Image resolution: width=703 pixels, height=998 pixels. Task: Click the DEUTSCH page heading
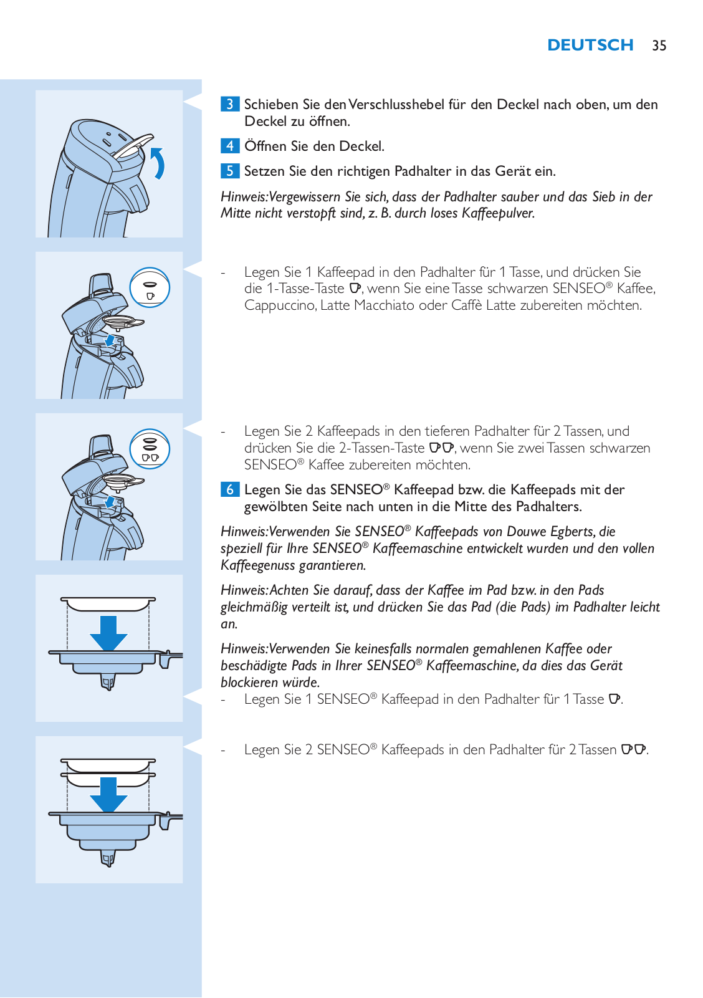click(590, 45)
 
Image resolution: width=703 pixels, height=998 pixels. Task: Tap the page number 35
click(659, 46)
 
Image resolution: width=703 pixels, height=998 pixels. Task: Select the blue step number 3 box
click(230, 104)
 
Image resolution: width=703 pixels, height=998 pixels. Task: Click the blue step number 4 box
click(230, 146)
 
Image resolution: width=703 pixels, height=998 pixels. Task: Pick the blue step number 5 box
click(230, 171)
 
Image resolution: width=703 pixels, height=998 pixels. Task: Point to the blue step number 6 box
click(230, 489)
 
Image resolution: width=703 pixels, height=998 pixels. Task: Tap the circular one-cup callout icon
click(150, 287)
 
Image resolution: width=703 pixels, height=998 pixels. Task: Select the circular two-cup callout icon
click(150, 449)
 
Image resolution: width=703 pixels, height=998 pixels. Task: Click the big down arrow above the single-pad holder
click(108, 633)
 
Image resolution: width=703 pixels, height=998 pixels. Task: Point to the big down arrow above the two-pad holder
click(108, 794)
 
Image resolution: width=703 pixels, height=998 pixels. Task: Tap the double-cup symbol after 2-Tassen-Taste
click(441, 448)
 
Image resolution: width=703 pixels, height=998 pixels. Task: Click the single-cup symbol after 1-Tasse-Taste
click(355, 288)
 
